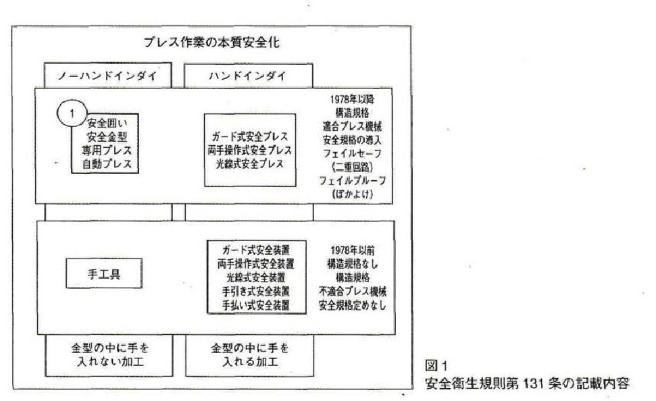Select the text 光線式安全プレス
pos(249,164)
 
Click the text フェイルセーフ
pos(350,153)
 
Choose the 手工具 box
pos(104,273)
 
